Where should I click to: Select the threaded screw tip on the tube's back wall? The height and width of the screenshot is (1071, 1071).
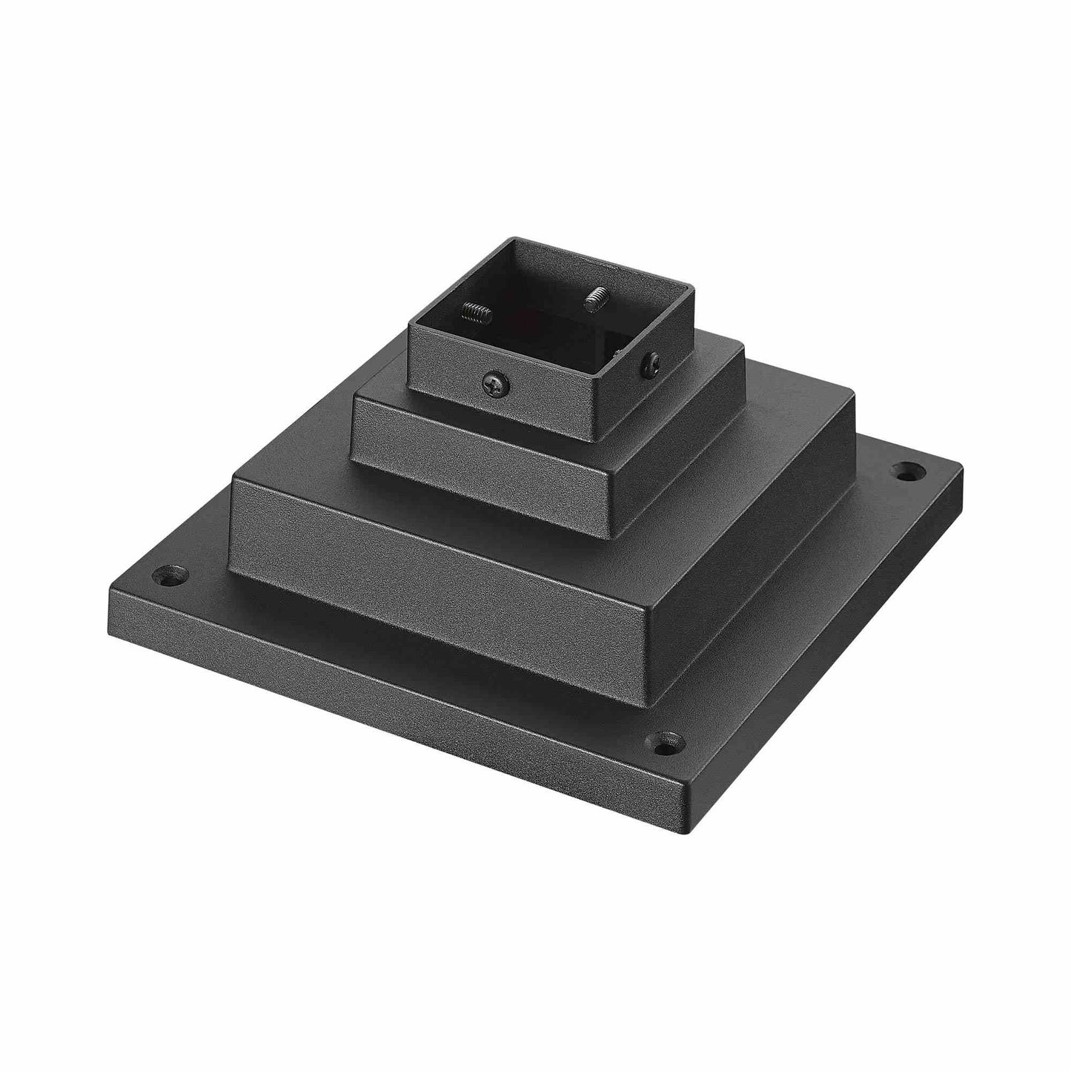[595, 300]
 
